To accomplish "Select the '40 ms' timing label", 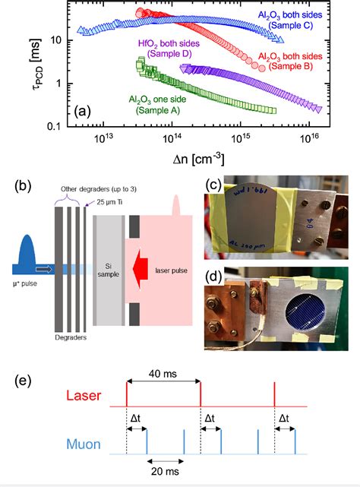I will [163, 364].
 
